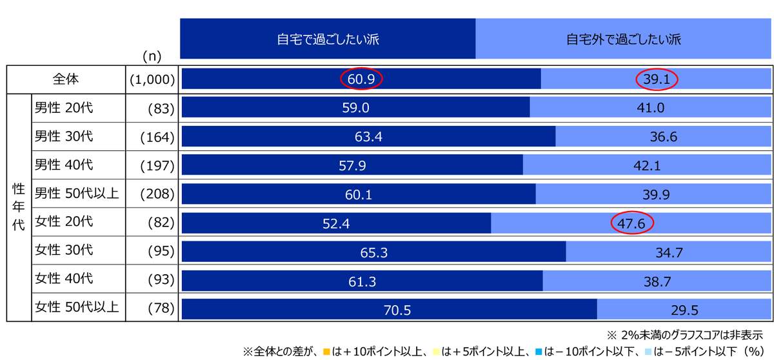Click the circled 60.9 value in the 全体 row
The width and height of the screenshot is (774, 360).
[x=361, y=79]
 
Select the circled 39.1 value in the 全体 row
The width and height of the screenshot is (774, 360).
[x=658, y=79]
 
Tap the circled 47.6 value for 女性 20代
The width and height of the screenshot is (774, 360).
[x=632, y=223]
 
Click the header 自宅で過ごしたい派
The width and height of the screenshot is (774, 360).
[x=328, y=39]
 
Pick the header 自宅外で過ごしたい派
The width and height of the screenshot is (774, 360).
[x=624, y=39]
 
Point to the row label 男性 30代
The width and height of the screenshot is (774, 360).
[x=64, y=137]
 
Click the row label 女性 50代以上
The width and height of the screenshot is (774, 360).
[x=77, y=307]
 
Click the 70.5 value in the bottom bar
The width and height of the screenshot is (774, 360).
[x=397, y=310]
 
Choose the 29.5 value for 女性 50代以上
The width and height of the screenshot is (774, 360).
[x=684, y=310]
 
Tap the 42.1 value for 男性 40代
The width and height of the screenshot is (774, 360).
[x=647, y=166]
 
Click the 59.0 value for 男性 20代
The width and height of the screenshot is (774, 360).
[x=355, y=108]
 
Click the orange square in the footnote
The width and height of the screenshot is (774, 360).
[x=327, y=352]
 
